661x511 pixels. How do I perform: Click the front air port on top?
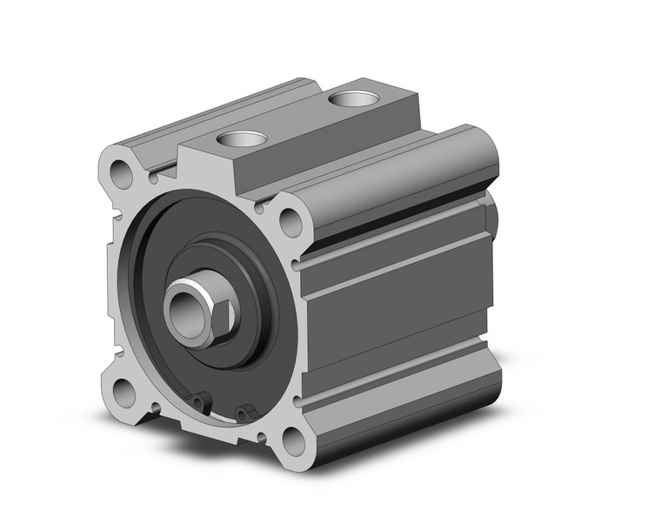point(242,138)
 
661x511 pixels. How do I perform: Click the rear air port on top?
point(353,97)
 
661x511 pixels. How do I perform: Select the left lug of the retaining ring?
point(202,402)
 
